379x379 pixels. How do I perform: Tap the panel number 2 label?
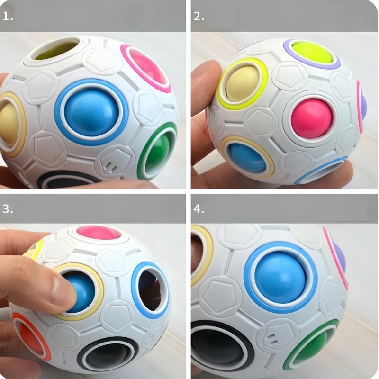[199, 17]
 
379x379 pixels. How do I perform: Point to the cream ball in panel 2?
[241, 85]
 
